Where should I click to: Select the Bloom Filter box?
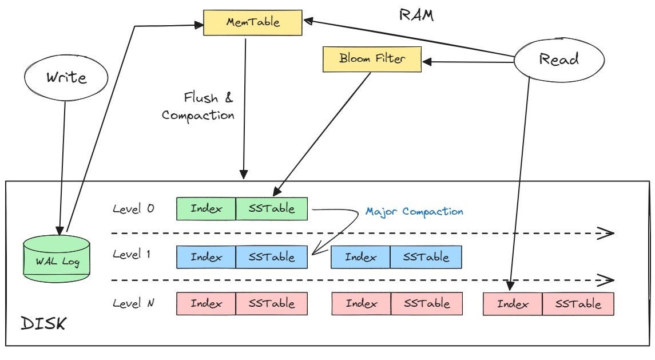pyautogui.click(x=372, y=59)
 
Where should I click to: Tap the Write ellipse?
pyautogui.click(x=66, y=77)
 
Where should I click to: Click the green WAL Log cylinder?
pyautogui.click(x=57, y=258)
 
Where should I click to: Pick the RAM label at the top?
pyautogui.click(x=416, y=15)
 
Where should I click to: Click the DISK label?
pyautogui.click(x=43, y=325)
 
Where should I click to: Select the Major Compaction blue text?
pyautogui.click(x=414, y=211)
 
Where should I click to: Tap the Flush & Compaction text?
pyautogui.click(x=199, y=106)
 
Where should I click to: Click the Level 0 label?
pyautogui.click(x=133, y=209)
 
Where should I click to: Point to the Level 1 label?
pyautogui.click(x=132, y=255)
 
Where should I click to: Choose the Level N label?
pyautogui.click(x=133, y=303)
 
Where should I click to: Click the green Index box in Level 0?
pyautogui.click(x=206, y=209)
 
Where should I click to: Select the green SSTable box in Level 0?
pyautogui.click(x=272, y=209)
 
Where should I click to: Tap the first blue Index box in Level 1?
pyautogui.click(x=206, y=257)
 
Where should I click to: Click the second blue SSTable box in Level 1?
pyautogui.click(x=426, y=257)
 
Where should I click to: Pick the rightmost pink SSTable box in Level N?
pyautogui.click(x=578, y=304)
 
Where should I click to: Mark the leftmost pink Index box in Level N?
pyautogui.click(x=206, y=304)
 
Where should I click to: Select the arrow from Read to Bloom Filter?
pyautogui.click(x=469, y=60)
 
